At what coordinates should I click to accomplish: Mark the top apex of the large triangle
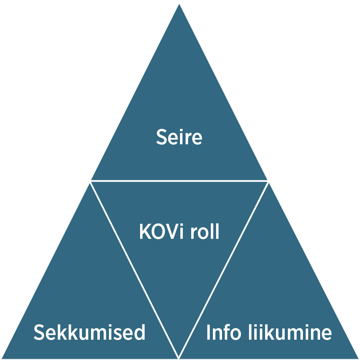point(179,5)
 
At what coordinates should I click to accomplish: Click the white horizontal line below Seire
point(179,181)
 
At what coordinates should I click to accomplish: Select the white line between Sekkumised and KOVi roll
point(134,270)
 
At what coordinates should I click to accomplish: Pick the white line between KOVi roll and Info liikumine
point(223,270)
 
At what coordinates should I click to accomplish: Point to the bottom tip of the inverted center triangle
point(179,357)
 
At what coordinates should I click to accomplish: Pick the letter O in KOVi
point(158,232)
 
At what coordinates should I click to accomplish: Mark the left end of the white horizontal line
point(91,181)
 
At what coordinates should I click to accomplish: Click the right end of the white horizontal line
point(268,181)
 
